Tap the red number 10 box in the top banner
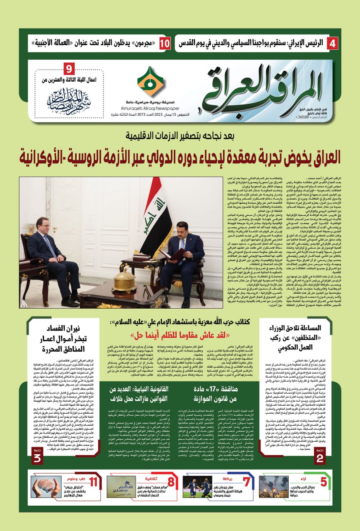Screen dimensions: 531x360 click(165, 43)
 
